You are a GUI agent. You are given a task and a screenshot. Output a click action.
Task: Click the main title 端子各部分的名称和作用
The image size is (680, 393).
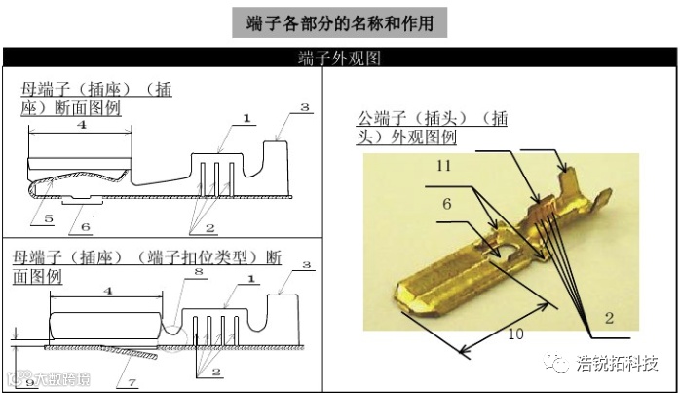tap(340, 20)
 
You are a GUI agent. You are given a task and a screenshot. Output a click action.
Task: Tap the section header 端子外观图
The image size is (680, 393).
tap(339, 59)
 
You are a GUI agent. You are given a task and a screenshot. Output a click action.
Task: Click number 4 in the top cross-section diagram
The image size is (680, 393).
tap(81, 125)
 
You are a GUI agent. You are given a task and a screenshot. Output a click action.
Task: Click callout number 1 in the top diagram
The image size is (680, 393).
tap(246, 117)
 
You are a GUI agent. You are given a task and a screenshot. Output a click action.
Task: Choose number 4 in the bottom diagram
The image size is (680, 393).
tap(107, 291)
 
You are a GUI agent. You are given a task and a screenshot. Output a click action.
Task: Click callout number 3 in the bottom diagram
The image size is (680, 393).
tap(306, 265)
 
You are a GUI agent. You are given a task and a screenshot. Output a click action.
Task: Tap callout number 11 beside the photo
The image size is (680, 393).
tap(443, 167)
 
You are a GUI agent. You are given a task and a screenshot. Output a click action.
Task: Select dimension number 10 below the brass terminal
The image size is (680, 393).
tap(515, 334)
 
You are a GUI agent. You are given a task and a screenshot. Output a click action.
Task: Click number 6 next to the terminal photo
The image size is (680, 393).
tap(446, 204)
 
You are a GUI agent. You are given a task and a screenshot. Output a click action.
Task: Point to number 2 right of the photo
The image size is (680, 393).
tap(609, 318)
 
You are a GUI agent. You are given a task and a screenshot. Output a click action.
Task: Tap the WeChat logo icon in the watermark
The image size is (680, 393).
tap(560, 364)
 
